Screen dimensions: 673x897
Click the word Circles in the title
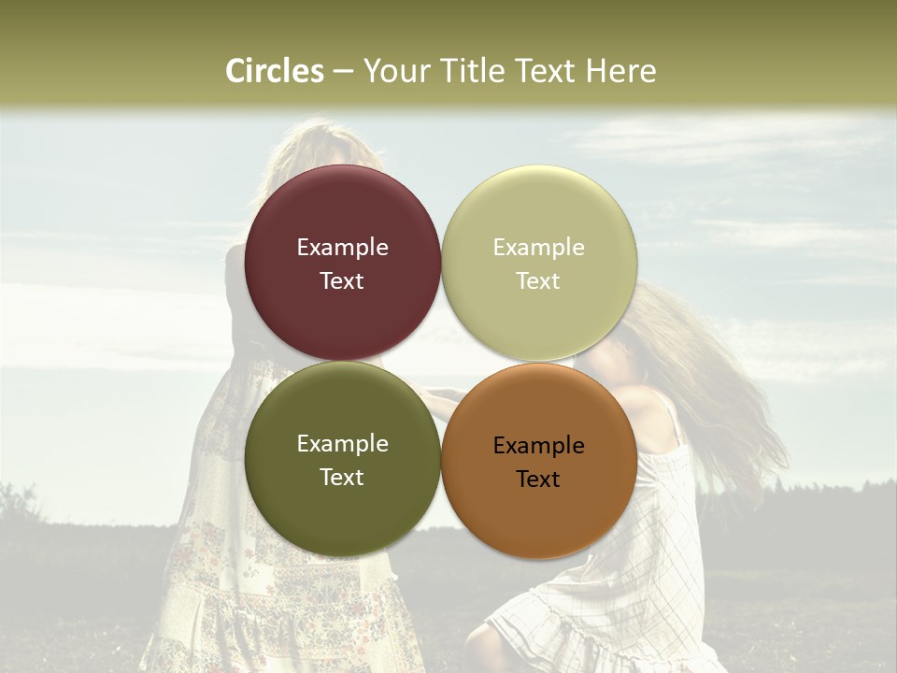click(275, 71)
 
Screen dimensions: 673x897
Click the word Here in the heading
click(620, 71)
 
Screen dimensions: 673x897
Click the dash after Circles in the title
click(343, 72)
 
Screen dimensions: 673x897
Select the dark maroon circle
click(342, 210)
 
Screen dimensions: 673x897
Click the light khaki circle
click(539, 210)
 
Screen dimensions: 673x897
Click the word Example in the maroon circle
click(342, 248)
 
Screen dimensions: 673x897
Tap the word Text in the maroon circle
click(342, 281)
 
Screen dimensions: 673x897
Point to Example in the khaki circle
click(539, 248)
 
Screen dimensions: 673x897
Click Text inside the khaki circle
click(539, 281)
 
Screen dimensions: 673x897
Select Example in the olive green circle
click(342, 444)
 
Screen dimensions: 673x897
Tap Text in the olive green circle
click(342, 478)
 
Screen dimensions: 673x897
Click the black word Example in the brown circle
click(539, 446)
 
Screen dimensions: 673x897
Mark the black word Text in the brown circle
click(539, 480)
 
